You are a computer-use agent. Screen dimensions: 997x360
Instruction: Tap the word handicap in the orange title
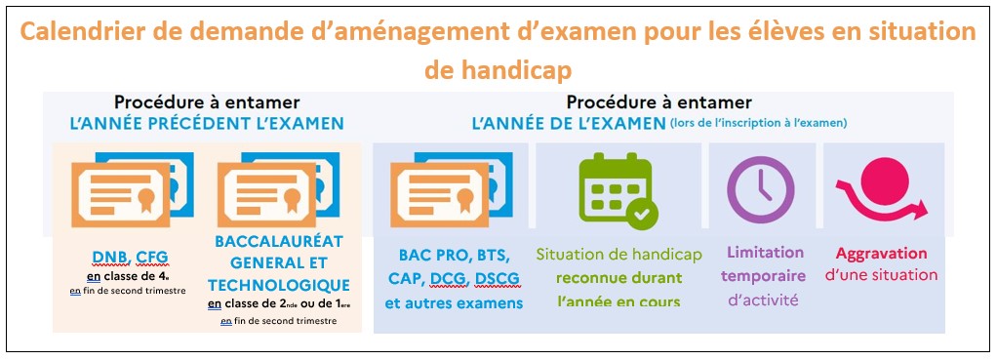[x=498, y=71]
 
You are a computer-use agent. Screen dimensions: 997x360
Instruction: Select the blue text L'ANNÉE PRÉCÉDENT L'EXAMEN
[x=207, y=123]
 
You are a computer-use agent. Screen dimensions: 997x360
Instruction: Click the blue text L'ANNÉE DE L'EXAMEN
[x=569, y=123]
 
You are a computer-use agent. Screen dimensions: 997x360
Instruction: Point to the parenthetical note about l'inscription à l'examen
[x=758, y=123]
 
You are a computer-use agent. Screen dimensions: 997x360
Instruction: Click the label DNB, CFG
[x=130, y=257]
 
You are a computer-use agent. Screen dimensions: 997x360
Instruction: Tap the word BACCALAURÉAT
[x=278, y=242]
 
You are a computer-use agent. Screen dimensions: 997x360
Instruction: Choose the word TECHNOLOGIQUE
[x=278, y=284]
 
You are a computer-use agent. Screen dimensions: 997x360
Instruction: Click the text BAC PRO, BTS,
[x=454, y=256]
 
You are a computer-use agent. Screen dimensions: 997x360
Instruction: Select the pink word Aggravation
[x=881, y=253]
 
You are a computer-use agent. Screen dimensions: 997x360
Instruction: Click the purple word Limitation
[x=766, y=253]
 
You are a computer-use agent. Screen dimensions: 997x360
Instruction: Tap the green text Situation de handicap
[x=618, y=255]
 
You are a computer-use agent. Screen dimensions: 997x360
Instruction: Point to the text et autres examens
[x=454, y=303]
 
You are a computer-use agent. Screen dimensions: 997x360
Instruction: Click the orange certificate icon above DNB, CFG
[x=121, y=194]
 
